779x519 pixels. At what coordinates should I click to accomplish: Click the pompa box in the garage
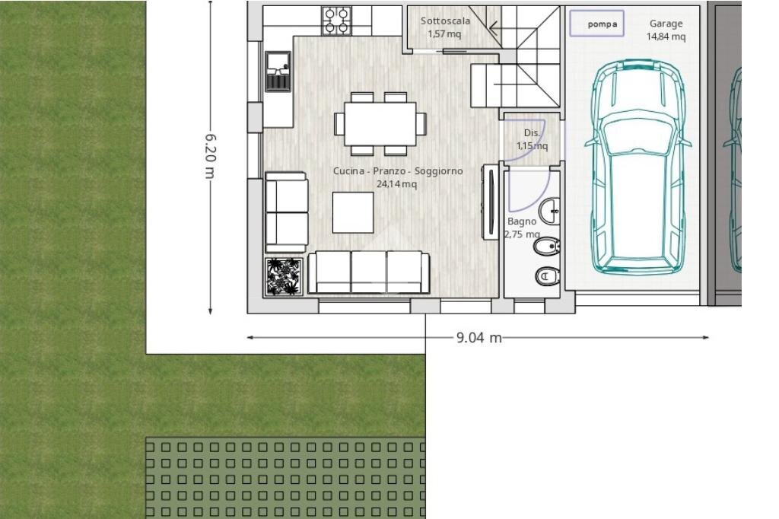click(597, 23)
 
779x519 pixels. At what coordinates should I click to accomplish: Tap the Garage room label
click(666, 24)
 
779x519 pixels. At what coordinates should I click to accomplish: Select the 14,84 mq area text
click(666, 37)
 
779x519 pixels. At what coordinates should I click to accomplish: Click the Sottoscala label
click(445, 21)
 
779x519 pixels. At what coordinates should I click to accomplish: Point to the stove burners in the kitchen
click(336, 21)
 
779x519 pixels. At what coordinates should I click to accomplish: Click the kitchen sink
click(278, 71)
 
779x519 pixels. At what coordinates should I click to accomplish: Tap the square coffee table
click(353, 212)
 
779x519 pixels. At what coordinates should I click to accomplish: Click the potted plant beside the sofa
click(284, 277)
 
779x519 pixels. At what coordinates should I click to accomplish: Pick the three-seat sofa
click(369, 272)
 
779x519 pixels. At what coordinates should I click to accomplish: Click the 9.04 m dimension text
click(479, 337)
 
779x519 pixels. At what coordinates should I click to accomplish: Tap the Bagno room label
click(522, 221)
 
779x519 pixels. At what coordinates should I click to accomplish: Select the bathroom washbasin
click(550, 208)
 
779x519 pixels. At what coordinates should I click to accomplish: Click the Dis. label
click(532, 132)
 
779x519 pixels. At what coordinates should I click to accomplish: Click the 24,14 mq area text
click(396, 184)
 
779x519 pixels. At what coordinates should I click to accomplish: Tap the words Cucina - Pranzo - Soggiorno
click(397, 171)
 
